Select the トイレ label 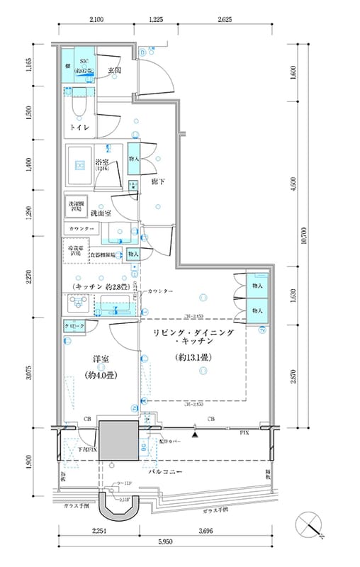79,127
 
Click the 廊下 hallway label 157,182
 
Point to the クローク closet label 75,325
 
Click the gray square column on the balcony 118,442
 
